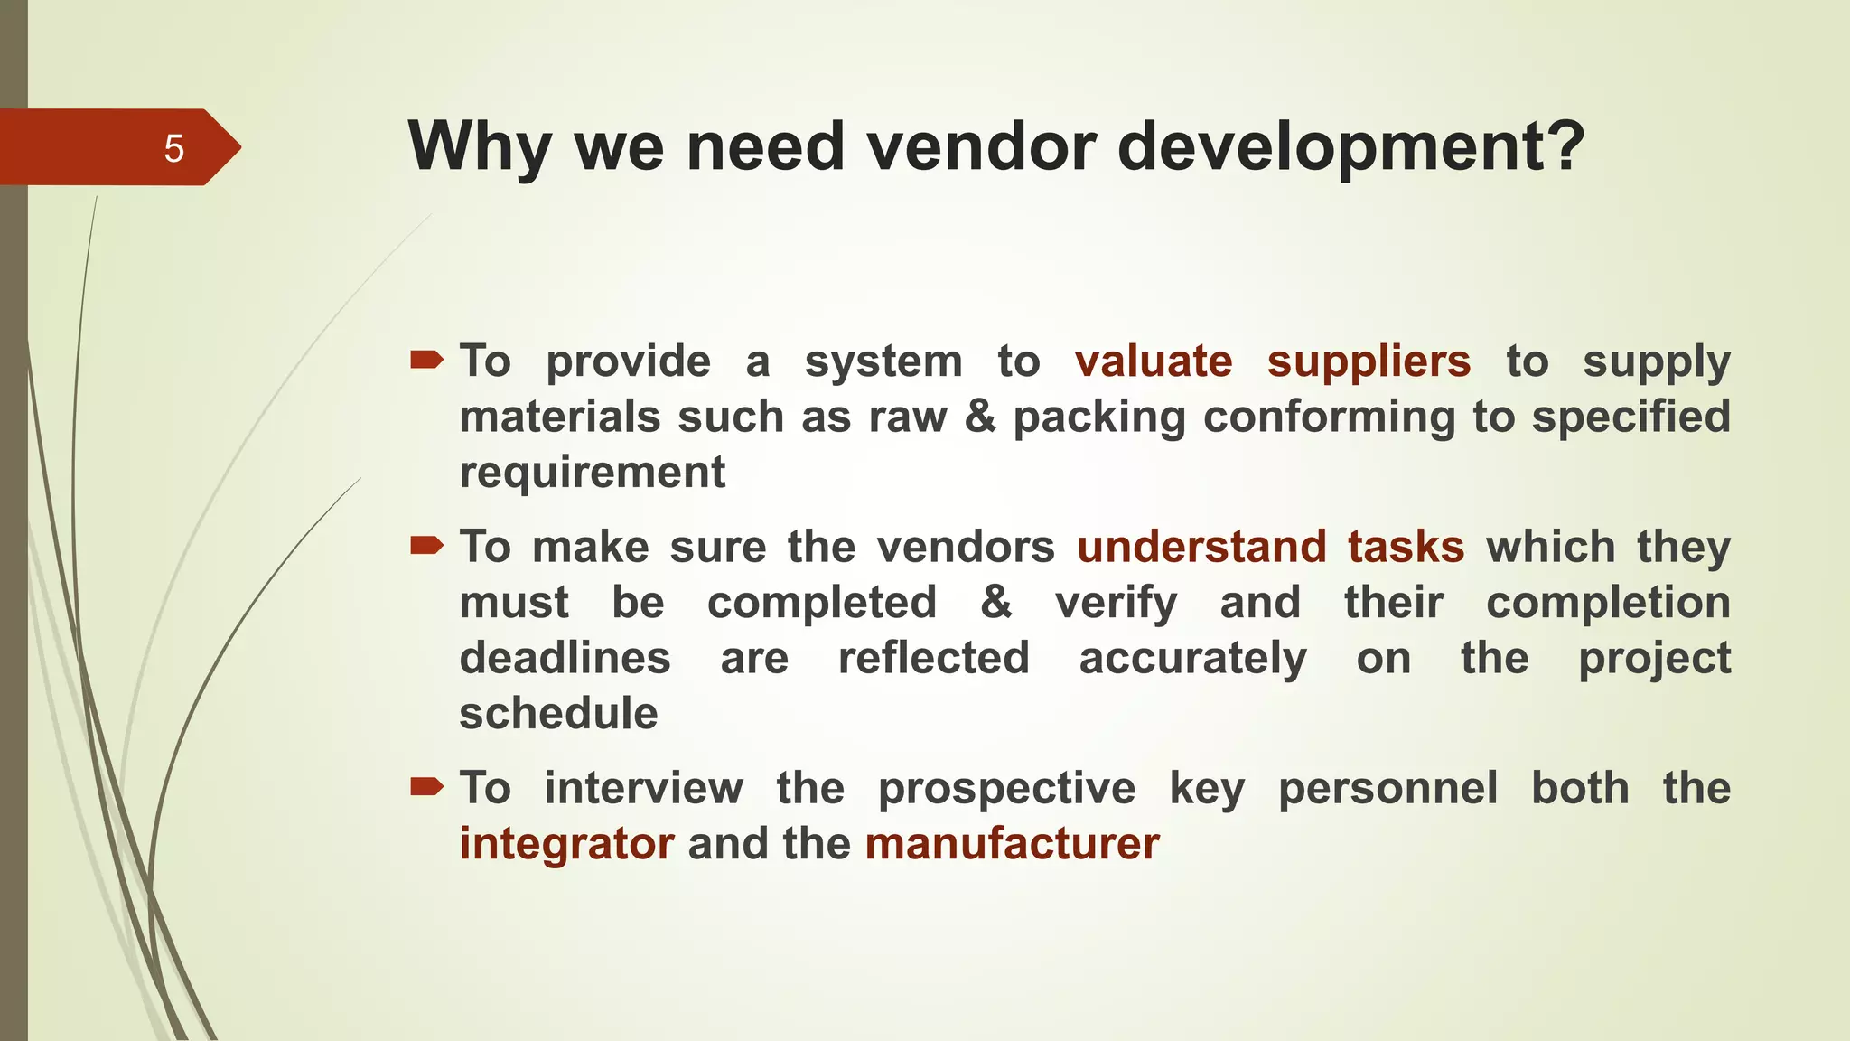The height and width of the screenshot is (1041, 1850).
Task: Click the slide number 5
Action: (173, 149)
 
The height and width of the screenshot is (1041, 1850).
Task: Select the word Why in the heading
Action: (480, 149)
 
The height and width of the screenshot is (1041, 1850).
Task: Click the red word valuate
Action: (1154, 361)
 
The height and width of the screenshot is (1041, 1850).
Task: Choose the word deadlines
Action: (565, 658)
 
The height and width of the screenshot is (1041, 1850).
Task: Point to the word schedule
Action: (558, 714)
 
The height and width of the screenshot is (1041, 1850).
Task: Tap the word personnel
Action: (1387, 788)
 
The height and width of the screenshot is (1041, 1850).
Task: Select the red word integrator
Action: (566, 844)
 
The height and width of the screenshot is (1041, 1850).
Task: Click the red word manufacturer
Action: (1012, 844)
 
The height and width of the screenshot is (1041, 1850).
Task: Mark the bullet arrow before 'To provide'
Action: (426, 361)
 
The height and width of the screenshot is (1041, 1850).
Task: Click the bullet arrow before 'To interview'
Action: (426, 787)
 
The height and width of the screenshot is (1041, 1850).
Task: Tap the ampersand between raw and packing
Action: (980, 417)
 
